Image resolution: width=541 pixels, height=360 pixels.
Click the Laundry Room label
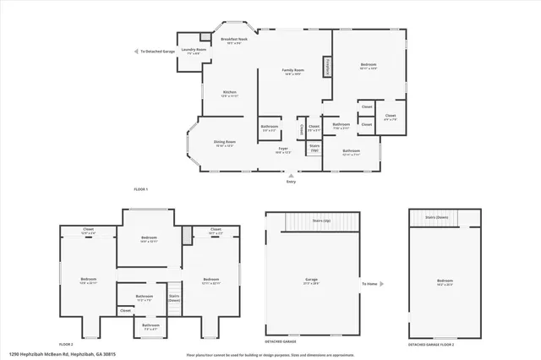tap(189, 52)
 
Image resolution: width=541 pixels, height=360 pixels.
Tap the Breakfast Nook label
tap(234, 41)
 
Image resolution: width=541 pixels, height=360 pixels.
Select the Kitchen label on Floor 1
tap(229, 94)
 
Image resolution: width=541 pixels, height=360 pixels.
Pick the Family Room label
tap(292, 71)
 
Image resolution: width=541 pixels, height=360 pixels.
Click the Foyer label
tap(283, 150)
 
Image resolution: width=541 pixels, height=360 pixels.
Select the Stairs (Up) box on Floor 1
tap(314, 148)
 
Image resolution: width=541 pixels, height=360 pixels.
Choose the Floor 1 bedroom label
tap(369, 66)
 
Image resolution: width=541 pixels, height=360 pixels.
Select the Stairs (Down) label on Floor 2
tap(175, 297)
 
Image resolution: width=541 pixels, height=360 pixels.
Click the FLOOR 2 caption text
tap(66, 345)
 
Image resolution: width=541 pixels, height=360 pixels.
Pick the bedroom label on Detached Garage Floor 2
tap(445, 282)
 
